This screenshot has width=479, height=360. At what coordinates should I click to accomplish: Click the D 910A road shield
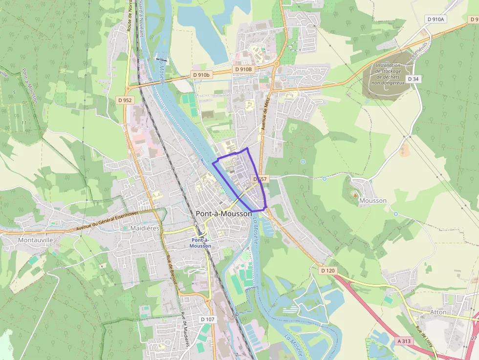tap(436, 20)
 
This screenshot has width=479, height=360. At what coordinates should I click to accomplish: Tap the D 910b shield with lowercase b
tap(201, 75)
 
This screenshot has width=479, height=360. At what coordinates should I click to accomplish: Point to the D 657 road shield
tap(260, 179)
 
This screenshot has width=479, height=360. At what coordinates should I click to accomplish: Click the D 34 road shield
tap(413, 79)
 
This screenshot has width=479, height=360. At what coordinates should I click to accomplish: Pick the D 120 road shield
tap(328, 270)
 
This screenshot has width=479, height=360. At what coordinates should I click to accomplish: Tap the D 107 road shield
tap(207, 319)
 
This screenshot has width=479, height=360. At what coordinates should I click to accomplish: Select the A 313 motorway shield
tap(404, 341)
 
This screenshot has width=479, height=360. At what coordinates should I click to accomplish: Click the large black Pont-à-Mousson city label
tap(223, 213)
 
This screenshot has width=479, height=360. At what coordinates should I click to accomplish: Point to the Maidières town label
tap(146, 228)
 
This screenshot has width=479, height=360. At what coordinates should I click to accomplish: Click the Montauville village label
tap(35, 240)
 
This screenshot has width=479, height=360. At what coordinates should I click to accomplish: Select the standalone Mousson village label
tap(372, 200)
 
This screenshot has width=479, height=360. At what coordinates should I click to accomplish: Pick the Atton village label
tap(438, 312)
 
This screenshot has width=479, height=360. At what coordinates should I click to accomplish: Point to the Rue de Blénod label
tap(171, 271)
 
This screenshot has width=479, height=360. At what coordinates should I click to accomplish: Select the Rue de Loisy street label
tap(424, 337)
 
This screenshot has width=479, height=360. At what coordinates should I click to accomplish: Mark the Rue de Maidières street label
tap(185, 330)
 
